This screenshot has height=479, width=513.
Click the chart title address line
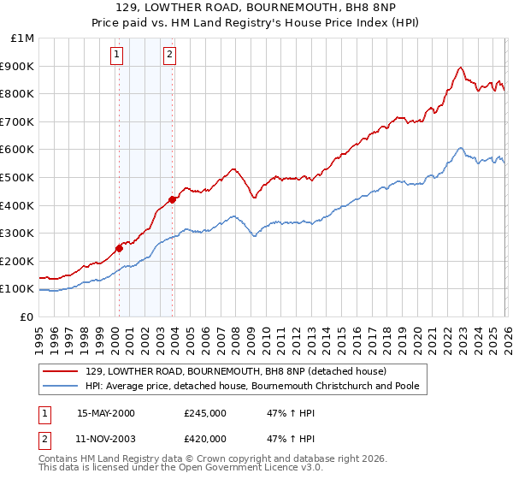click(256, 8)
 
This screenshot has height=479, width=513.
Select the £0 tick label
click(27, 316)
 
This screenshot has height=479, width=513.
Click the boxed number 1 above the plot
click(116, 55)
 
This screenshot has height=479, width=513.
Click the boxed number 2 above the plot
click(169, 55)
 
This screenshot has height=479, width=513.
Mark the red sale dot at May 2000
click(120, 248)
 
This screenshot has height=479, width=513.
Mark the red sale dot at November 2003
click(173, 199)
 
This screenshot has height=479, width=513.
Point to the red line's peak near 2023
click(460, 68)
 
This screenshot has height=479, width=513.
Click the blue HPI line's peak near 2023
click(460, 148)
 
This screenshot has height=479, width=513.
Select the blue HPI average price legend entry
click(252, 386)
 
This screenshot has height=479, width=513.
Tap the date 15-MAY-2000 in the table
click(106, 413)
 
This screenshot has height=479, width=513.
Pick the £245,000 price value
click(205, 413)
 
